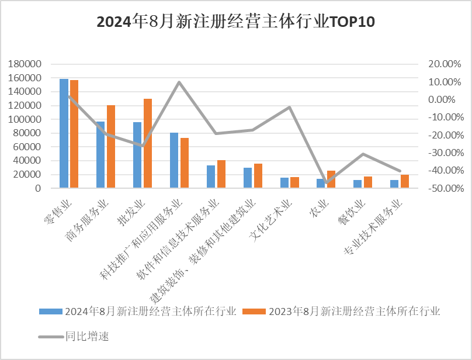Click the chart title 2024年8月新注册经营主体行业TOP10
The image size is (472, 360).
[235, 22]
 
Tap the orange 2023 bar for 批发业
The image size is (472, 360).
[148, 143]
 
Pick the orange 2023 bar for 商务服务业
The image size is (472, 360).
[111, 147]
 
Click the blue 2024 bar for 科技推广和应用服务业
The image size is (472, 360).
[174, 160]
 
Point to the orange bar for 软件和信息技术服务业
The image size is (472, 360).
[221, 174]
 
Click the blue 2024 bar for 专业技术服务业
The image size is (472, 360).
[394, 184]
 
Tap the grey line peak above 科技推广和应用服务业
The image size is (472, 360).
[179, 82]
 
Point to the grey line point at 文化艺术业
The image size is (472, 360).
[289, 108]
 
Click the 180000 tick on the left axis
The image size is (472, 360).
[25, 64]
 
